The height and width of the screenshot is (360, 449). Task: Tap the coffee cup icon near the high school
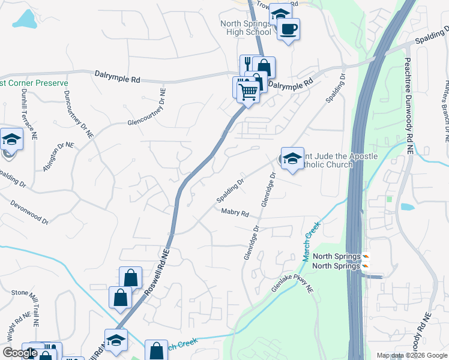point(288,28)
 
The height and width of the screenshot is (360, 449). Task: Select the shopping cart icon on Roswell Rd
point(248,92)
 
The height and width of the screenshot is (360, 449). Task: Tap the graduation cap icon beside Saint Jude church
point(292,158)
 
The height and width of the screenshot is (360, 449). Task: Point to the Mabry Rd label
point(235,212)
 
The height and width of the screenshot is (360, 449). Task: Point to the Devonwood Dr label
point(29,212)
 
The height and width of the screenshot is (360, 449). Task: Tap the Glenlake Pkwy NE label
point(292,280)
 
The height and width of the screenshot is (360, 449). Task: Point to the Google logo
point(20,353)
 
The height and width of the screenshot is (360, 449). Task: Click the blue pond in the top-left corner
point(25,20)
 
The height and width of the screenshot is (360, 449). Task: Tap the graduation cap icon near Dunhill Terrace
point(10,140)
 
